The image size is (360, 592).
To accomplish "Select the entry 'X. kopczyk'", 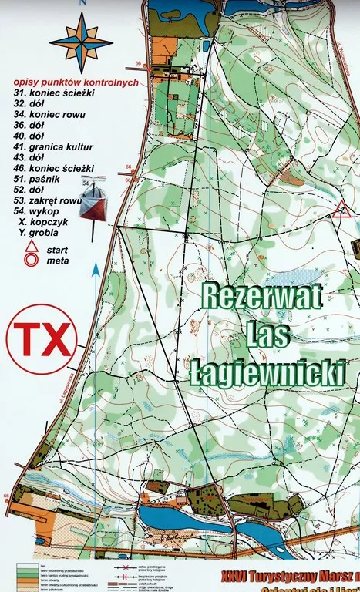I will (45, 220).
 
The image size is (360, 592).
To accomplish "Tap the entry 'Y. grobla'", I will (42, 231).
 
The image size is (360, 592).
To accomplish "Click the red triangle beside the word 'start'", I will (31, 247).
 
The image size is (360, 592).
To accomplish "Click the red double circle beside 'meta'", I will (32, 260).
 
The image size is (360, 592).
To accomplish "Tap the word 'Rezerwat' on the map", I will (249, 297).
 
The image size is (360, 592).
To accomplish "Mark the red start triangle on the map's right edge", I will (340, 209).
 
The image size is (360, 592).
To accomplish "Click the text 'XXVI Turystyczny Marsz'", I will (285, 575).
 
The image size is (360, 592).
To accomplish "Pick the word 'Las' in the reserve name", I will (264, 335).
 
